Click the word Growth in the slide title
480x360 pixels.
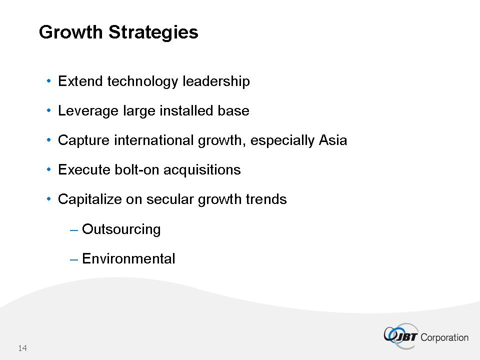click(x=70, y=32)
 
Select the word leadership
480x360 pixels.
click(x=216, y=81)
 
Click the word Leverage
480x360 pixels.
click(x=88, y=111)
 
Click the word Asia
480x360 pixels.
click(x=333, y=140)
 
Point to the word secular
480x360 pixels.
click(x=169, y=199)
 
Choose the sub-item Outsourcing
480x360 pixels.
click(x=121, y=229)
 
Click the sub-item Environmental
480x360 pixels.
click(x=128, y=258)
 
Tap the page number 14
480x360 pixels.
click(x=22, y=348)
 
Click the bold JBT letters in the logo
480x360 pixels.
click(x=406, y=337)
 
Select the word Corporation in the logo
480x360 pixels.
click(x=444, y=337)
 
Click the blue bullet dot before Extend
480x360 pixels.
click(x=48, y=81)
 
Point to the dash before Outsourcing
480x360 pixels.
click(x=74, y=230)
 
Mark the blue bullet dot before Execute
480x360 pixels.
click(x=48, y=169)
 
